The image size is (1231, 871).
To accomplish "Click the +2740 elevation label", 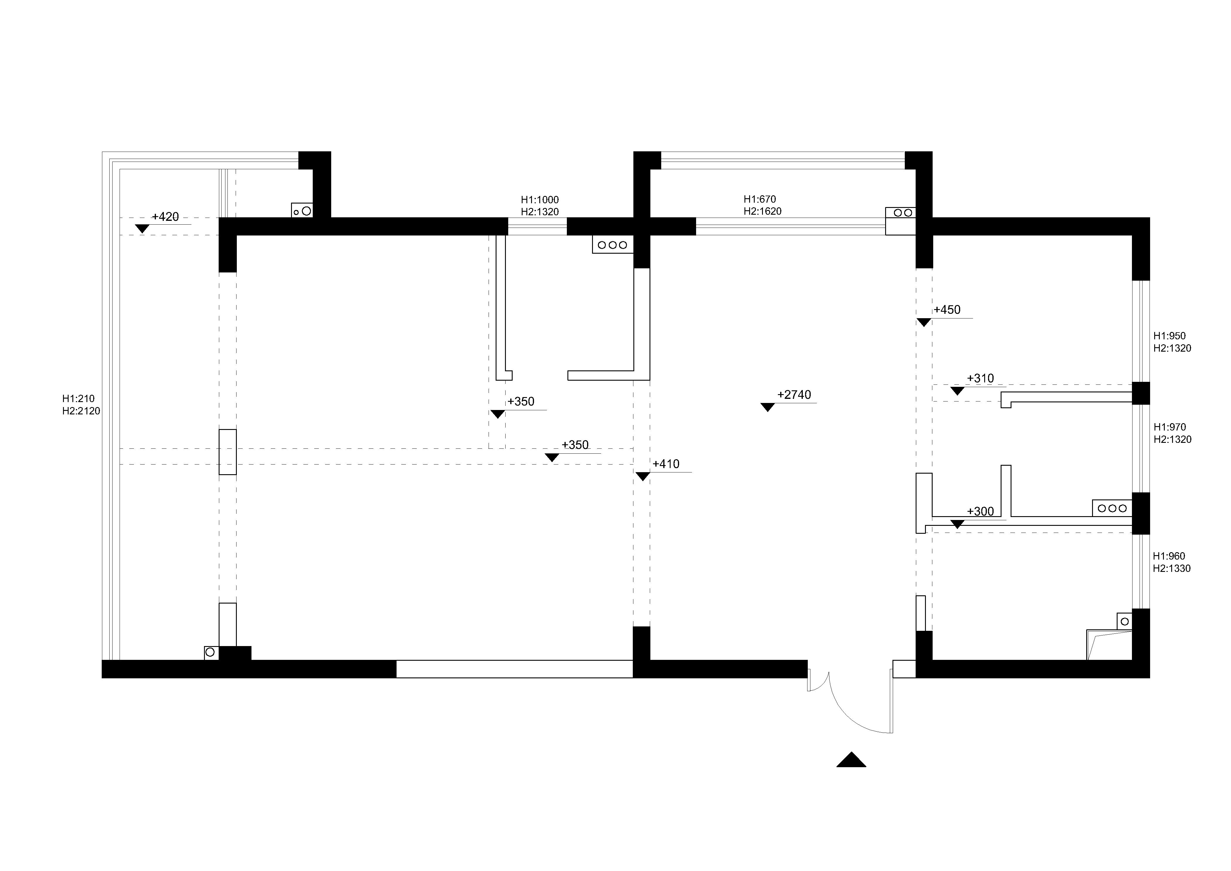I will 794,395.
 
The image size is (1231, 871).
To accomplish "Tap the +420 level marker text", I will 165,217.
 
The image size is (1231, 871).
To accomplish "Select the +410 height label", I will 666,464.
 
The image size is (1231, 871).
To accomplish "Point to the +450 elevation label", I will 947,309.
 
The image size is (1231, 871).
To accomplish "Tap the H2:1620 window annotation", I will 762,211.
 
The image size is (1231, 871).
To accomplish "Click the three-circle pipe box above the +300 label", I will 1112,508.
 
